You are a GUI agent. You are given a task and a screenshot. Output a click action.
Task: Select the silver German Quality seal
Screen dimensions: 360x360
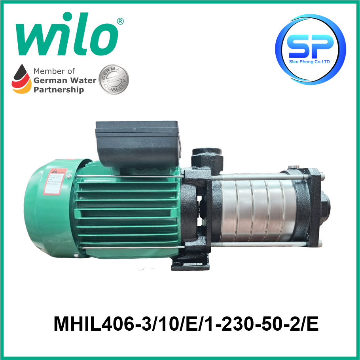(x=114, y=80)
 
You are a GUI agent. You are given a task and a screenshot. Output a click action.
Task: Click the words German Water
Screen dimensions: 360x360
(x=65, y=80)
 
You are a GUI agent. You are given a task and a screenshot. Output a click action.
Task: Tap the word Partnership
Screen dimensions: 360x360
(x=59, y=90)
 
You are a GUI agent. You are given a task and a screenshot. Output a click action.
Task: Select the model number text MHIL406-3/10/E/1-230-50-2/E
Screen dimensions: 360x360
(x=186, y=324)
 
